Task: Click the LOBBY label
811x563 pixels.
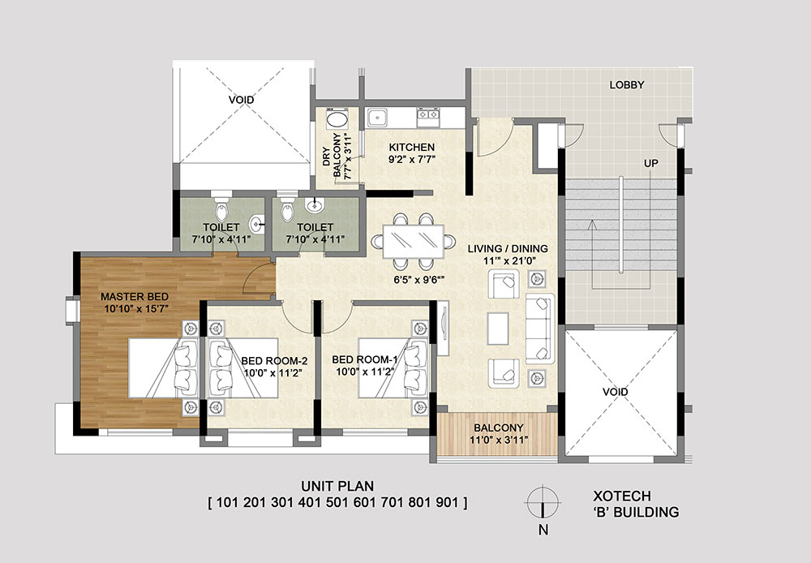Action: [626, 85]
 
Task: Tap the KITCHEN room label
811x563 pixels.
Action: [412, 148]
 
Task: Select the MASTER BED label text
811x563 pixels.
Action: [135, 297]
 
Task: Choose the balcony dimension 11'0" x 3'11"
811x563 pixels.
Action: [499, 441]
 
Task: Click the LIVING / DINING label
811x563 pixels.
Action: [508, 249]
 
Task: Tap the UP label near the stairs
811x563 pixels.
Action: [650, 164]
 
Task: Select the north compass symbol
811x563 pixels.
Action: [543, 502]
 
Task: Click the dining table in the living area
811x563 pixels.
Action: [414, 241]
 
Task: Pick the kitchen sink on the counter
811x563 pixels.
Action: [378, 118]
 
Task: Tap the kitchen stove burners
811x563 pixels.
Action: [428, 118]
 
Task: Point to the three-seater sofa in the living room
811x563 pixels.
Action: [540, 329]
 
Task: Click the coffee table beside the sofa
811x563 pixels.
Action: [498, 329]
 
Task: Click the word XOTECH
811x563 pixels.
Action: [622, 496]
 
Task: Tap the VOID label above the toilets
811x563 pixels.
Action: [242, 100]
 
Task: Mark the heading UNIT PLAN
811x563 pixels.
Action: [337, 486]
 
